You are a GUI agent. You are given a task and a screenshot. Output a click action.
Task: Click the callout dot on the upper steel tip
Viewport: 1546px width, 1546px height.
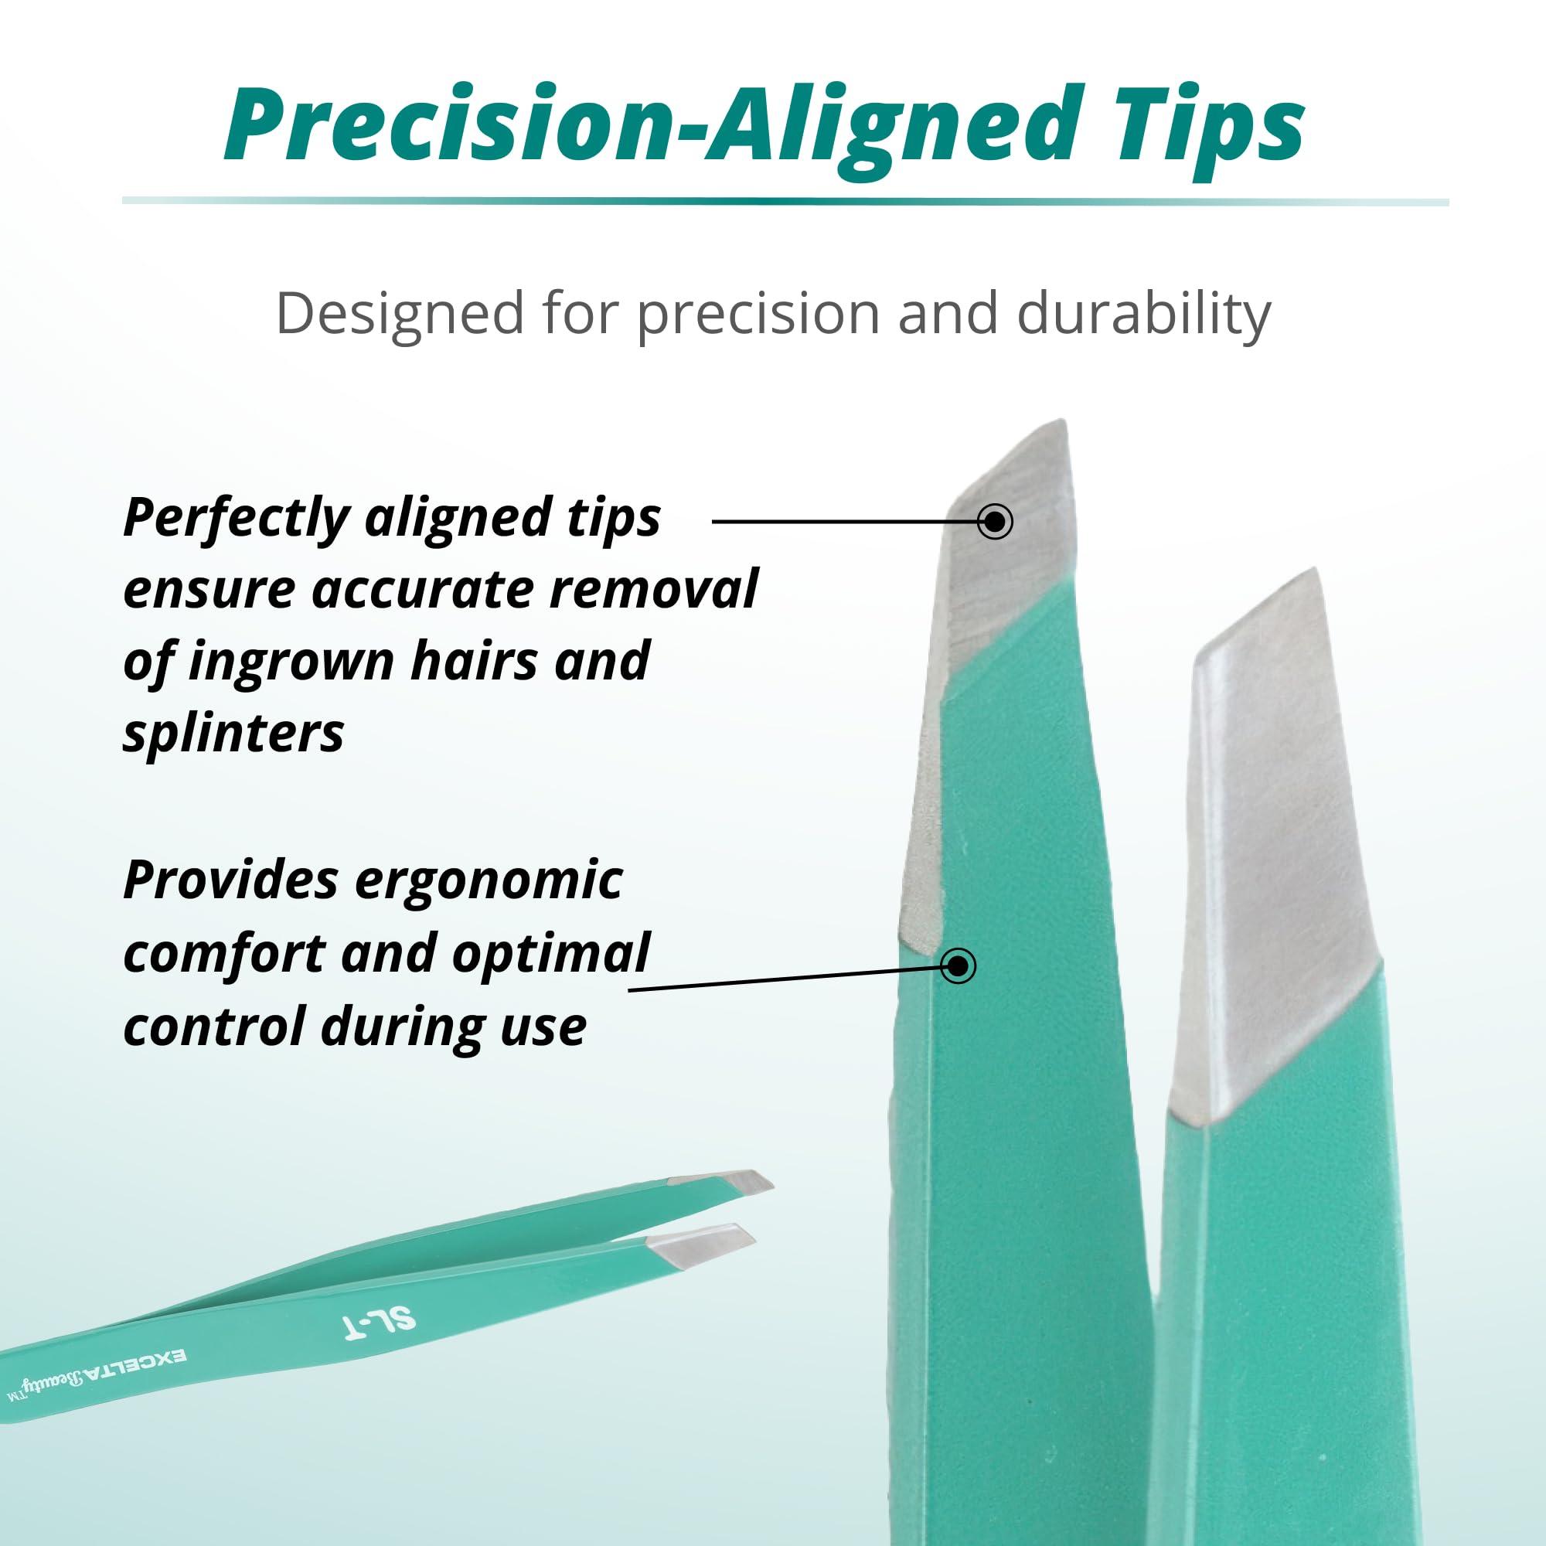pos(995,522)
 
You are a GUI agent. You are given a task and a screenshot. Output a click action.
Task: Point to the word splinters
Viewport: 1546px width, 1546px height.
pos(233,732)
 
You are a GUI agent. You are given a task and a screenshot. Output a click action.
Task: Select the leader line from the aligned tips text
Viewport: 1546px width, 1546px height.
pos(840,522)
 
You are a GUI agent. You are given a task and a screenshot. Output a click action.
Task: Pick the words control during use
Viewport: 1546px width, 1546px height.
pos(355,1025)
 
